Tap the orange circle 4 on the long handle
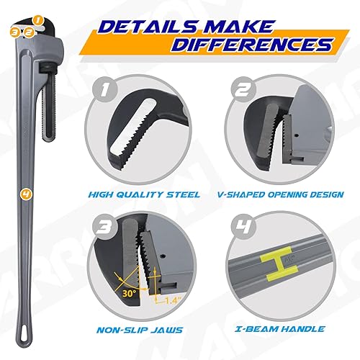(x=26, y=194)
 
